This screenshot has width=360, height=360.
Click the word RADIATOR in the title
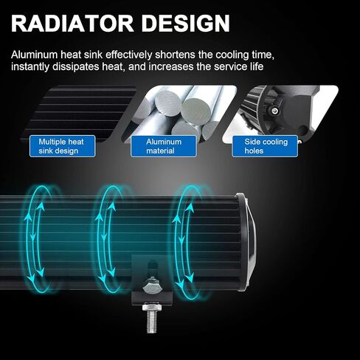tap(72, 23)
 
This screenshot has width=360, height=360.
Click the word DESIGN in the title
tap(186, 23)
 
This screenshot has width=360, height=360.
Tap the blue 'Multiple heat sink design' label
tap(62, 146)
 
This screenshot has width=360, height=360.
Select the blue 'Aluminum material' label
tap(164, 146)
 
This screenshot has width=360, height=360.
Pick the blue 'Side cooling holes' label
tap(265, 146)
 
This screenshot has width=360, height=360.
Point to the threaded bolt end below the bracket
tap(153, 320)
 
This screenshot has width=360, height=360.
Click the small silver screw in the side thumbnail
tap(274, 111)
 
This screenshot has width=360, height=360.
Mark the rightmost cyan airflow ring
tap(175, 241)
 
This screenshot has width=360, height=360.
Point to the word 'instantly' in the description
tap(30, 67)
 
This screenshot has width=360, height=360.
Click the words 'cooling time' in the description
tap(245, 55)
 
